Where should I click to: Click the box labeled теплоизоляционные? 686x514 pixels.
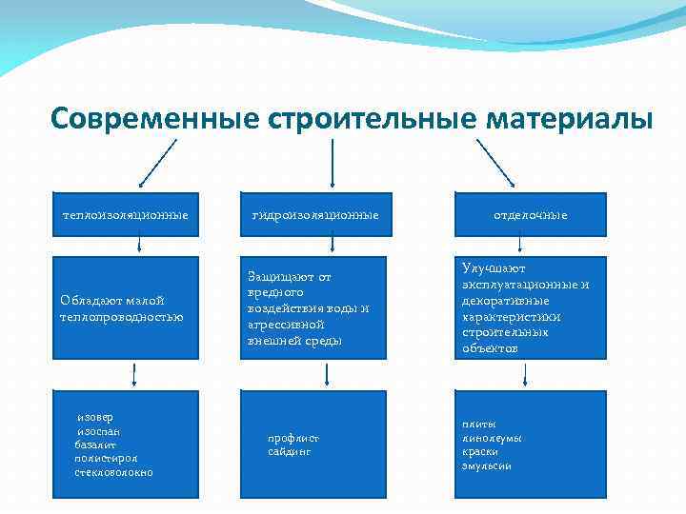(x=125, y=215)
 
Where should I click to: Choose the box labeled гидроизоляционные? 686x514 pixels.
(x=314, y=215)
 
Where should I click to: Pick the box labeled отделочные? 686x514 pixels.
(x=530, y=215)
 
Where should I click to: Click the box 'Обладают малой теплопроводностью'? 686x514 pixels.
(x=125, y=307)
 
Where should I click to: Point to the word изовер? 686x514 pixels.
(x=95, y=417)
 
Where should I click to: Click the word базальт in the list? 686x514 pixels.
(x=95, y=445)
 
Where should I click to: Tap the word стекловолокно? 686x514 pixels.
(x=113, y=472)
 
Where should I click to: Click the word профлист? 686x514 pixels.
(x=293, y=438)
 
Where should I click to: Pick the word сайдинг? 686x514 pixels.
(x=290, y=451)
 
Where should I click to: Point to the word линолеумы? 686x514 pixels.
(x=492, y=438)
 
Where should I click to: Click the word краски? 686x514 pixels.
(x=480, y=451)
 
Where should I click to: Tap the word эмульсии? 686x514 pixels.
(x=487, y=465)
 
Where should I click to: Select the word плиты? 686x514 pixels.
(x=479, y=424)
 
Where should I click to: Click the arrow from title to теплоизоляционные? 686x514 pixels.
(x=157, y=163)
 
